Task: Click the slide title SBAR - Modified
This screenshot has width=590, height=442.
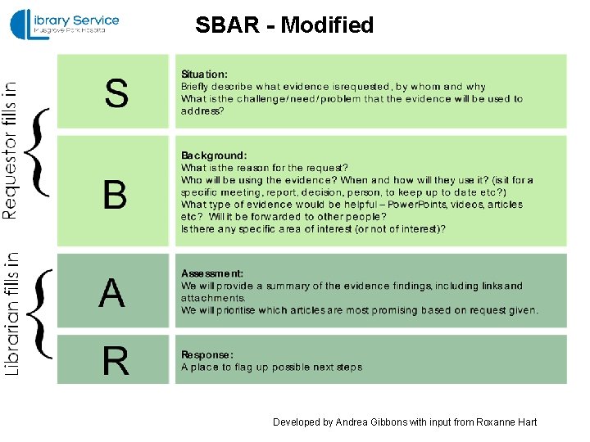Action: click(284, 25)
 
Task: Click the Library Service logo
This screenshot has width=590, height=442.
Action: click(65, 25)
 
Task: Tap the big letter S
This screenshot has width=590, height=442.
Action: click(116, 92)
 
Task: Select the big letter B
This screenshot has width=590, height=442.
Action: click(115, 195)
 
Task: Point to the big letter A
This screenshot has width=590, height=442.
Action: click(113, 293)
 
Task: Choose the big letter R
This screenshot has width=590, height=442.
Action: click(115, 361)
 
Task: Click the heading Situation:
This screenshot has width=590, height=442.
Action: click(205, 74)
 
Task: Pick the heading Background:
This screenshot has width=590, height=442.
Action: click(214, 156)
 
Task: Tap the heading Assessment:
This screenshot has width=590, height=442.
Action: click(212, 273)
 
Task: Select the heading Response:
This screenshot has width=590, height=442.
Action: click(207, 355)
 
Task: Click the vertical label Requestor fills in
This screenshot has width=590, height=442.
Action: click(11, 149)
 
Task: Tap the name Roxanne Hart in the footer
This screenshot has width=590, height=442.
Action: click(505, 422)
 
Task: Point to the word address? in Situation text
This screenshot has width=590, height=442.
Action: click(202, 110)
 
